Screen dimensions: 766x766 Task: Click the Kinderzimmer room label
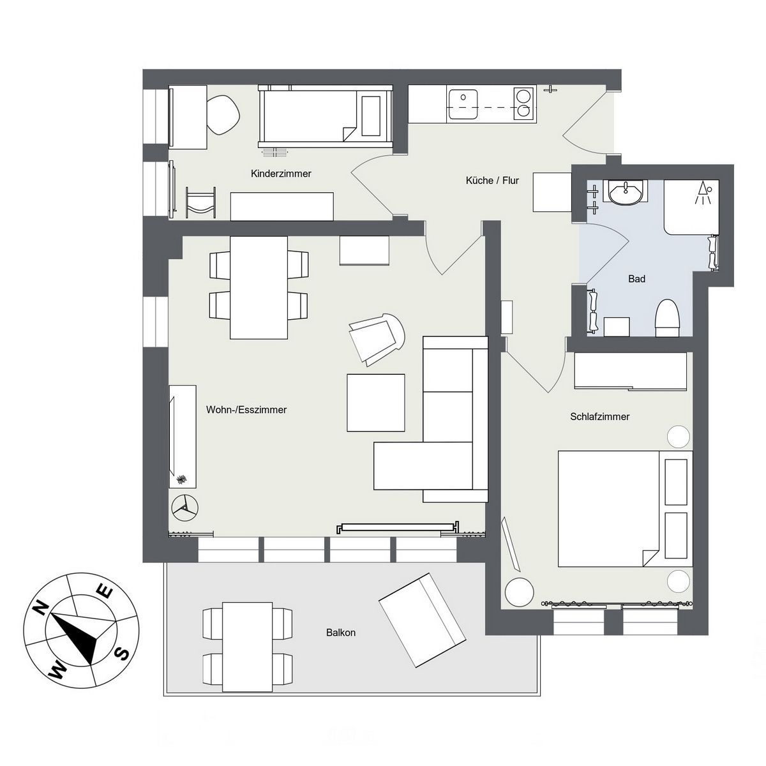click(x=281, y=174)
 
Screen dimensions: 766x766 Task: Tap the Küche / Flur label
click(x=492, y=181)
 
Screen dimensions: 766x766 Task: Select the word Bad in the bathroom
click(x=636, y=279)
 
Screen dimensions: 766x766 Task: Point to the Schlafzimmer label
click(x=599, y=417)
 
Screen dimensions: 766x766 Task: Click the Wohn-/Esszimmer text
click(x=246, y=410)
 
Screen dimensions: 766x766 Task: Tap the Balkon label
click(x=341, y=633)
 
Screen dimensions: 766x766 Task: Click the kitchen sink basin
click(x=463, y=104)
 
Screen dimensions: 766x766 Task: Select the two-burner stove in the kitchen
click(x=525, y=104)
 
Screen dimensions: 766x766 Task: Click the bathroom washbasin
click(x=626, y=193)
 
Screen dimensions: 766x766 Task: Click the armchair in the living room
click(x=376, y=339)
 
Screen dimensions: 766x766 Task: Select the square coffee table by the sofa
click(x=375, y=403)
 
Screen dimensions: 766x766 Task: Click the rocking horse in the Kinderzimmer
click(x=202, y=203)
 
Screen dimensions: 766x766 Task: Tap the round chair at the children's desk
click(x=223, y=116)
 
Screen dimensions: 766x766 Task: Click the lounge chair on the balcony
click(x=422, y=620)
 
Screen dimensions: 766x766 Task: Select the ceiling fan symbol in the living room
click(x=184, y=507)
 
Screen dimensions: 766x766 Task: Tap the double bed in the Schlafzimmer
click(x=625, y=508)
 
